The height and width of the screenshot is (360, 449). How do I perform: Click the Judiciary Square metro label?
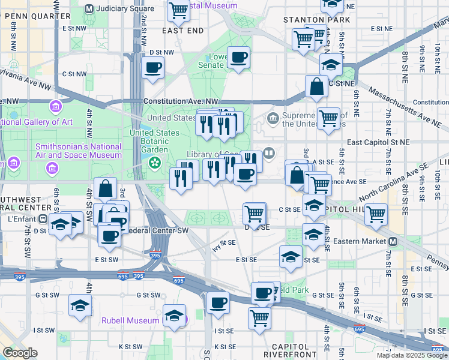(x=125, y=8)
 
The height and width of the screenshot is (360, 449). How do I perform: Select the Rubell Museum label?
(x=130, y=320)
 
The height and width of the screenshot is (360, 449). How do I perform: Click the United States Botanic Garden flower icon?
(x=155, y=162)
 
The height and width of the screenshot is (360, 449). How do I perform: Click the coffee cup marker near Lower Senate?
(x=239, y=58)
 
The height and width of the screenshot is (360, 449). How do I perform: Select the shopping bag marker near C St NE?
(x=316, y=86)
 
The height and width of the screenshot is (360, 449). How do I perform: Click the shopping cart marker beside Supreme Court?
(x=328, y=118)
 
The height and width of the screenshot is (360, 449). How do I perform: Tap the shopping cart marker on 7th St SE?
(x=376, y=214)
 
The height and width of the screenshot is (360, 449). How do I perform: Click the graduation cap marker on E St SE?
(x=291, y=256)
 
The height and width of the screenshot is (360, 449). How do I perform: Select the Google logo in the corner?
(x=20, y=353)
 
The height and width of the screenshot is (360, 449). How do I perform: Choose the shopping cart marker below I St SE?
(x=259, y=316)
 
